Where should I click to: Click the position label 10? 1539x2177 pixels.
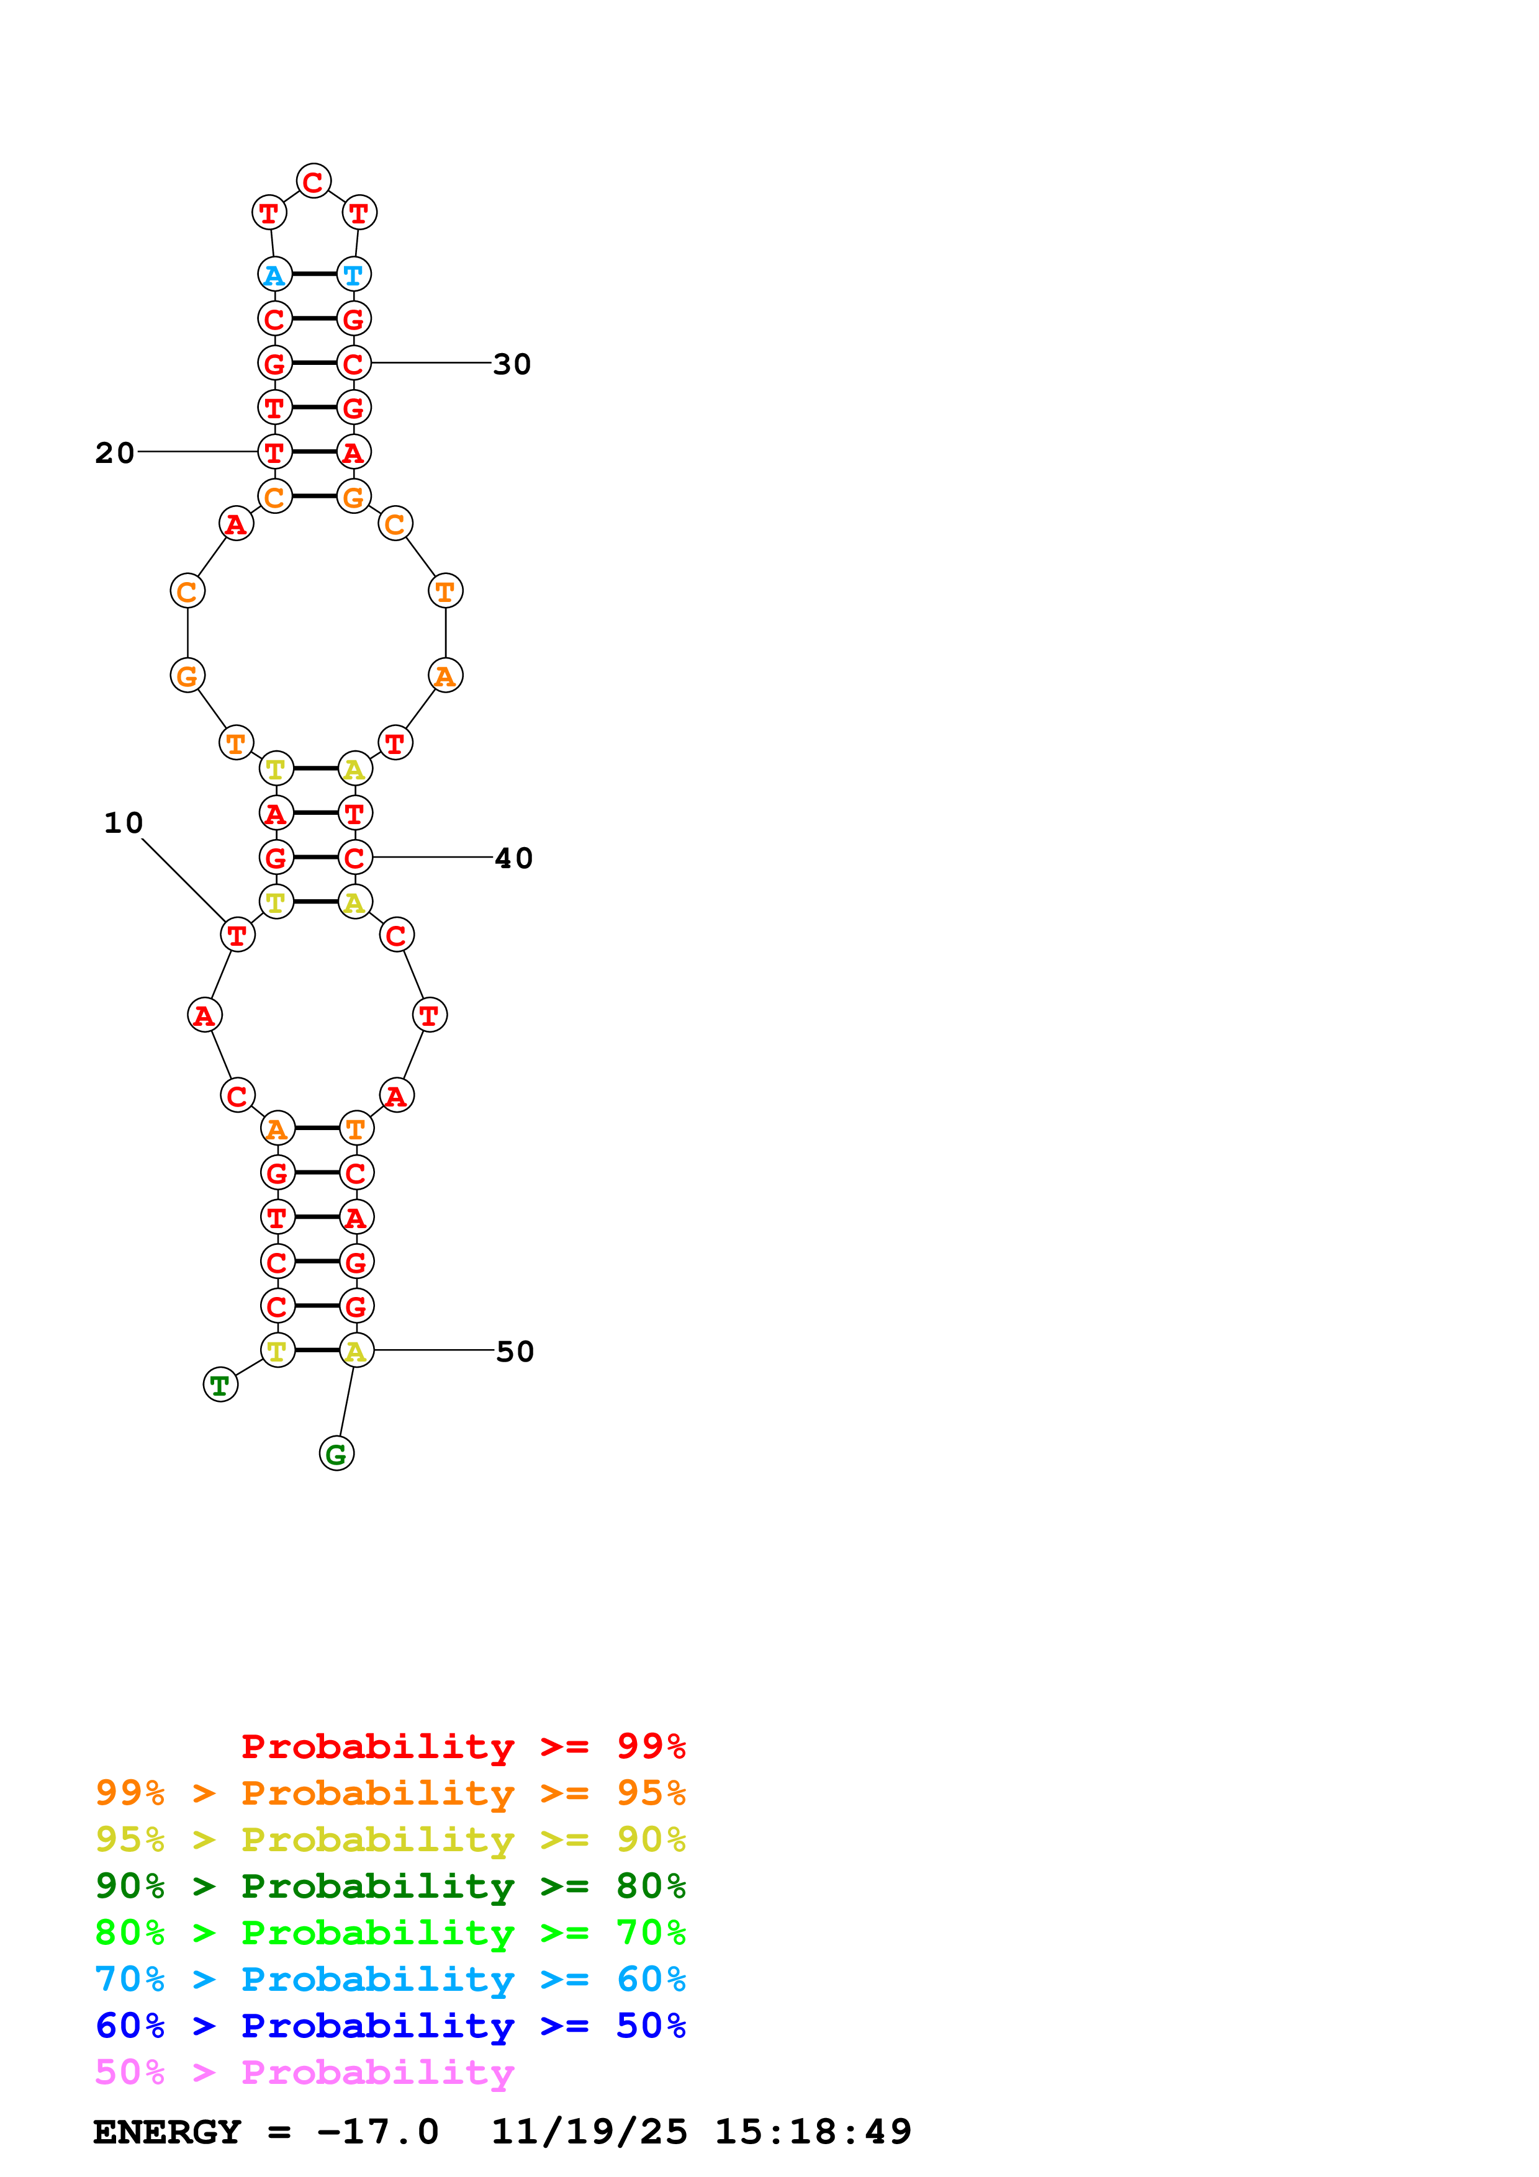tap(124, 822)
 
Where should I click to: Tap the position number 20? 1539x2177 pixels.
tap(115, 452)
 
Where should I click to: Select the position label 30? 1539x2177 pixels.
tap(512, 364)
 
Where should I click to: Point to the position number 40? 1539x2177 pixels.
tap(514, 858)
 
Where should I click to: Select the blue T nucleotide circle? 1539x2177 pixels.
tap(354, 275)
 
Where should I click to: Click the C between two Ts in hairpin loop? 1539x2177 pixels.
tap(314, 181)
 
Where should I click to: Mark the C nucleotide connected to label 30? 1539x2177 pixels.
tap(354, 363)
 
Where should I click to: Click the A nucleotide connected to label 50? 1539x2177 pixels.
tap(356, 1350)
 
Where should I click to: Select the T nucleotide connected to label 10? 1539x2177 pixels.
tap(237, 935)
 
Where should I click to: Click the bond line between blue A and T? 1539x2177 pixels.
tap(314, 274)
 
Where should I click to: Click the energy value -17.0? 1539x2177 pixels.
tap(377, 2132)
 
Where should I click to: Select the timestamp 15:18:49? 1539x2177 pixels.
tap(813, 2132)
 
